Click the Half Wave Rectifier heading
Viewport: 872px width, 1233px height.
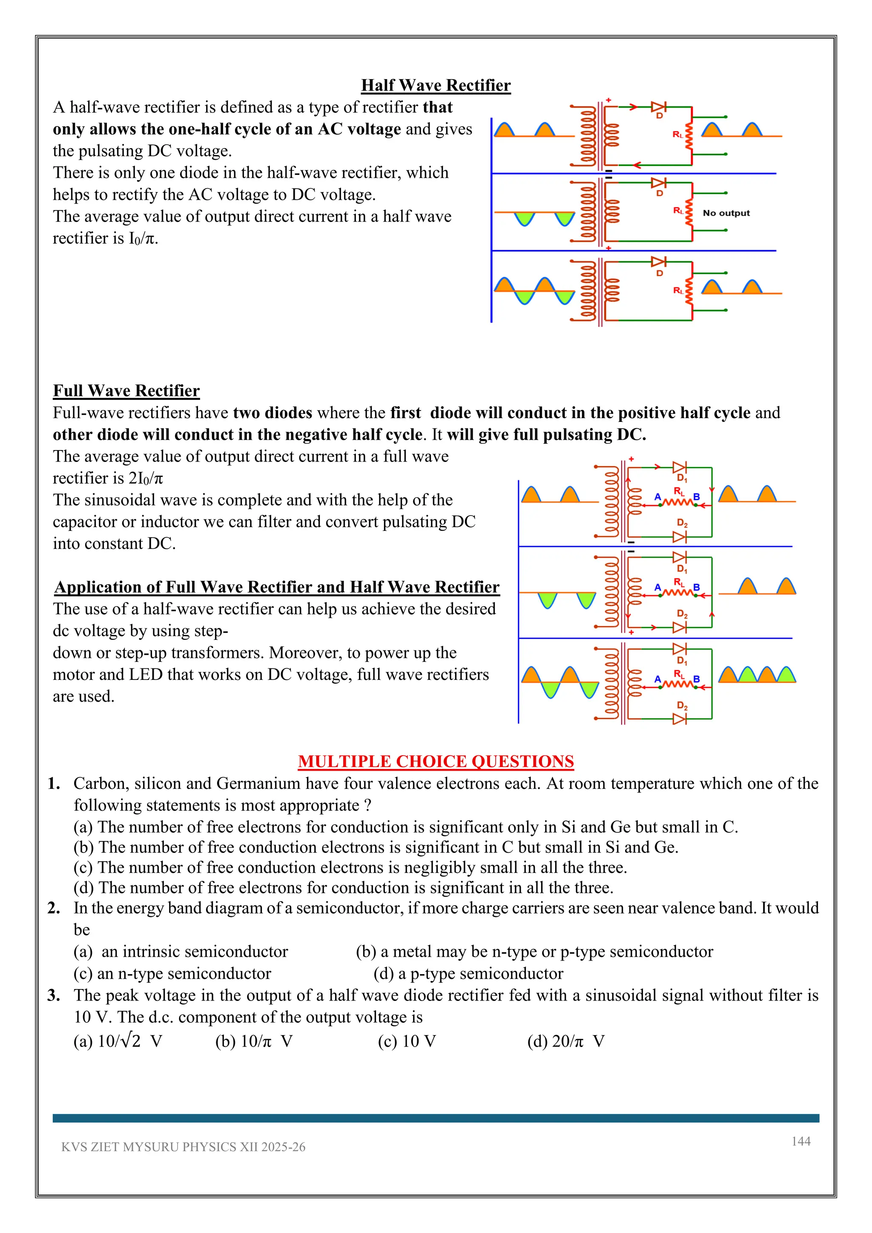click(436, 86)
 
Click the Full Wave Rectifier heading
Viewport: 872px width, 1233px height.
click(126, 390)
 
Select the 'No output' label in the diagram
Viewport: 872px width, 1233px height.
click(726, 213)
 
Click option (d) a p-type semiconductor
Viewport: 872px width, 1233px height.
click(468, 973)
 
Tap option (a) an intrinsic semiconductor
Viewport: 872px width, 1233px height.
click(181, 951)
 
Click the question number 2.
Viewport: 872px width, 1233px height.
click(53, 908)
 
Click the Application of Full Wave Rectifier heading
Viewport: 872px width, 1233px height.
click(276, 587)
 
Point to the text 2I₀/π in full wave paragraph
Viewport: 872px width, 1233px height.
click(146, 478)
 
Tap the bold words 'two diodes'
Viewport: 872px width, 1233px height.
click(272, 413)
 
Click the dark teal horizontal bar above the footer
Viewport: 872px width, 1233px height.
click(436, 1118)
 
